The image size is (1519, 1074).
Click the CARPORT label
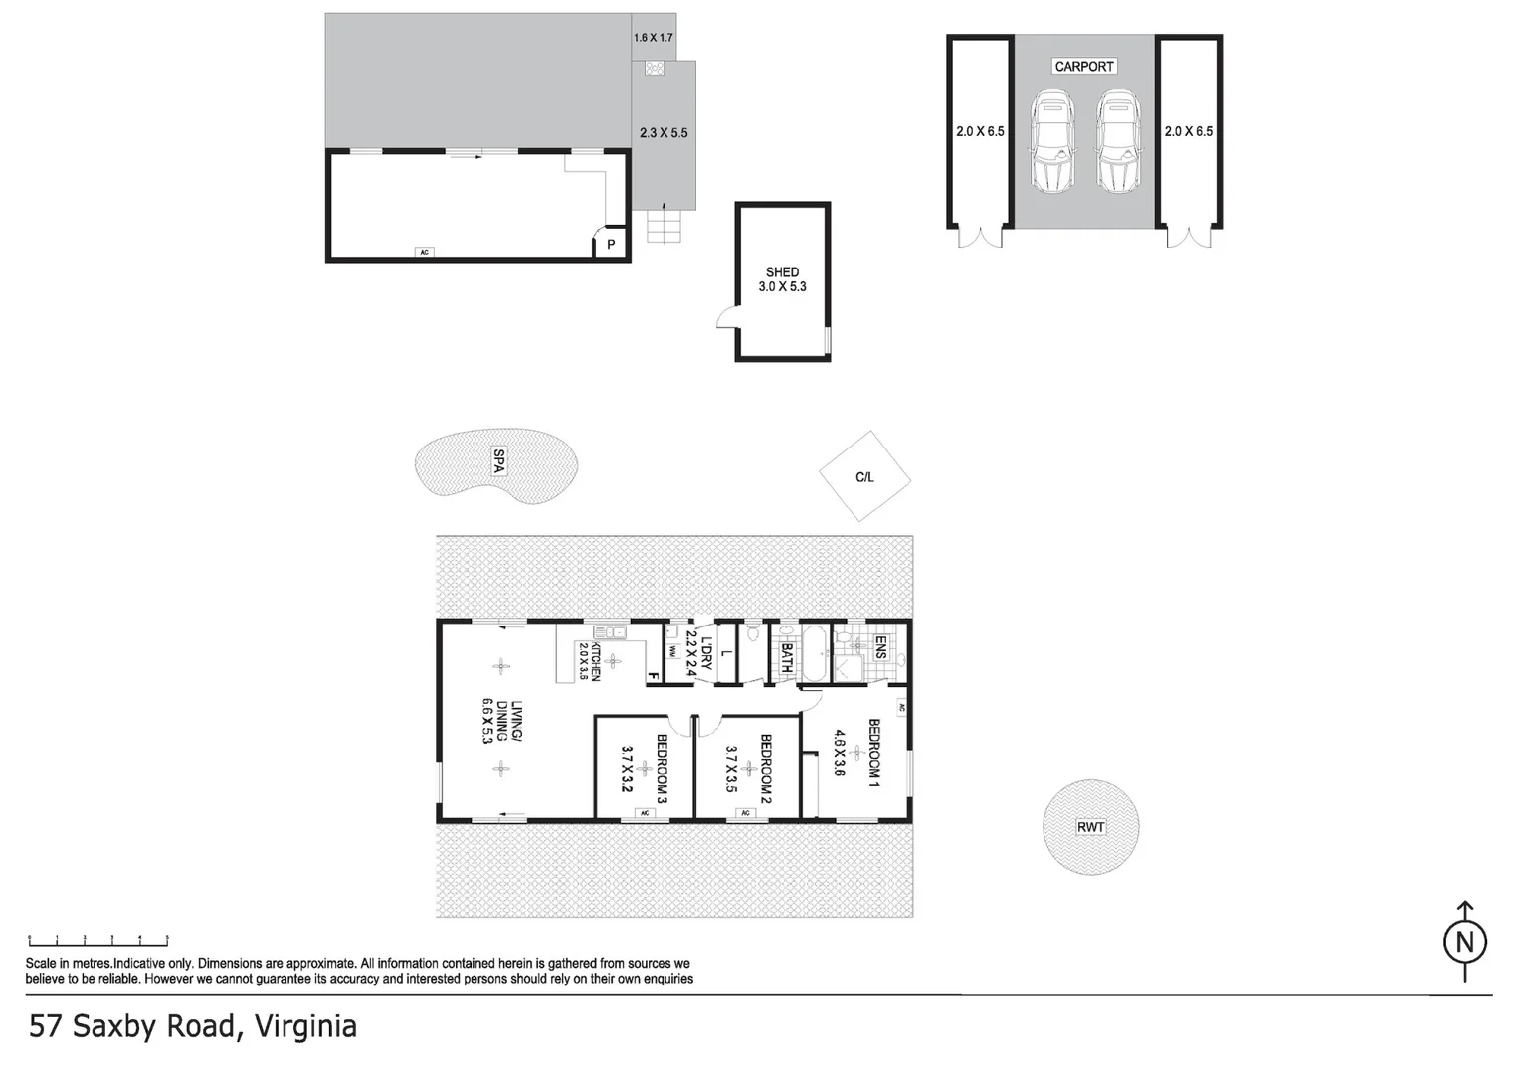tap(1083, 67)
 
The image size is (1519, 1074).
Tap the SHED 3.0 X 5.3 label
tap(782, 279)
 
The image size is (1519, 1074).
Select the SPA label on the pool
tap(498, 461)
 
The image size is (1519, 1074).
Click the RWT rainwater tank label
tap(1090, 827)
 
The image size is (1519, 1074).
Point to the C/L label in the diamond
tap(864, 477)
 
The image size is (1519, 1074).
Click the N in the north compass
tap(1464, 942)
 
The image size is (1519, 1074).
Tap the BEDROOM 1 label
tap(874, 753)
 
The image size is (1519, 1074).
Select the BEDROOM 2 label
tap(766, 768)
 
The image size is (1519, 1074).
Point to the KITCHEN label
tap(596, 661)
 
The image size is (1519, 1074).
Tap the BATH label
tap(787, 657)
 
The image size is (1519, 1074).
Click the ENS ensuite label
tap(881, 647)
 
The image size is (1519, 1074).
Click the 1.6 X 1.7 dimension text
tap(653, 38)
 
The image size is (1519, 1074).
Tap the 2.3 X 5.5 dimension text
tap(664, 133)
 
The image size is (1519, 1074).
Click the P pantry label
tap(611, 244)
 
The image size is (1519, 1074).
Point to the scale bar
tap(98, 940)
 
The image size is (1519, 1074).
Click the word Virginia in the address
tap(305, 1026)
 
